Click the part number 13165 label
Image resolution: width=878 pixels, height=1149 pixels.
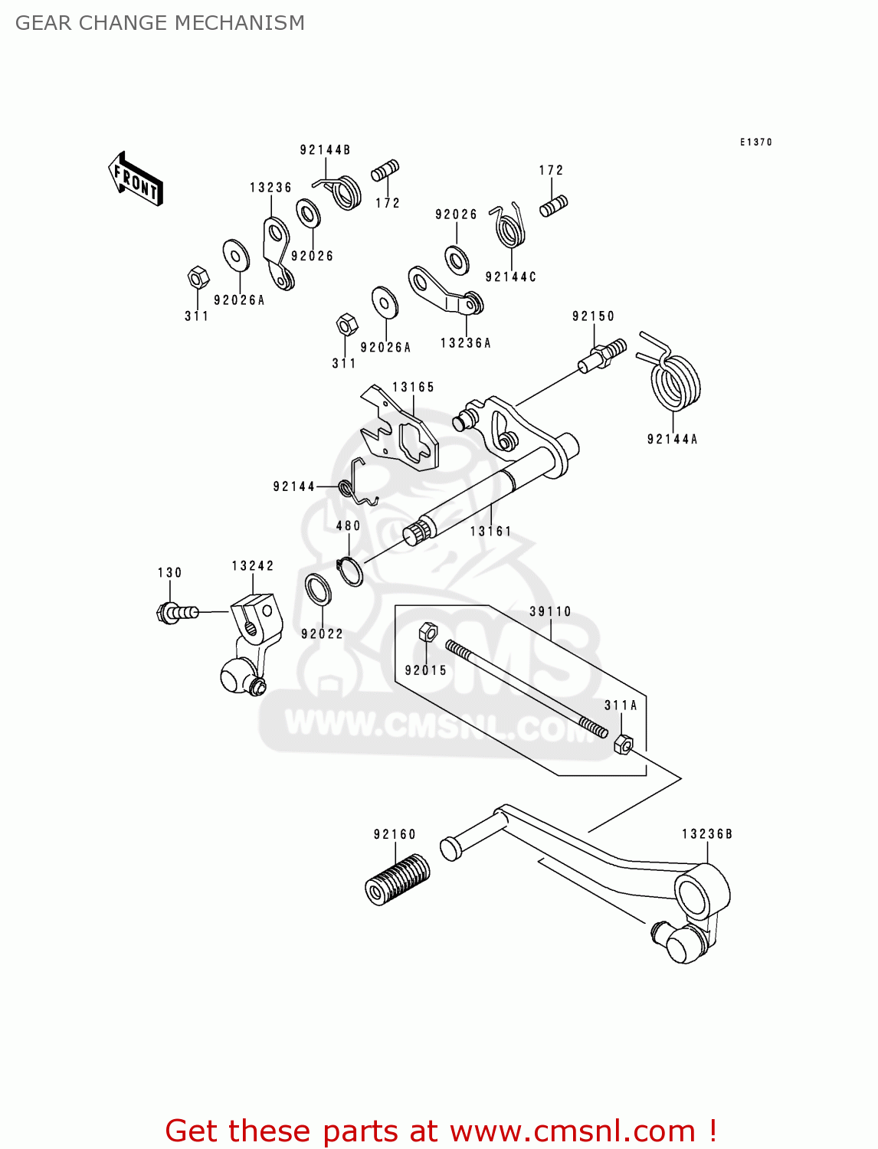click(x=414, y=388)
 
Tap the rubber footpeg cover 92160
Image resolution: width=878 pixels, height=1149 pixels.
click(x=397, y=879)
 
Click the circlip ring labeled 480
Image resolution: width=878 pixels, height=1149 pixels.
click(x=350, y=571)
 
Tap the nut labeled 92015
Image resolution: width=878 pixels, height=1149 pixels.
click(x=428, y=632)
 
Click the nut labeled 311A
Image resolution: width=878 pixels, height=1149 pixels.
click(x=624, y=744)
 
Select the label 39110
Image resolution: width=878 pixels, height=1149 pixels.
click(x=550, y=611)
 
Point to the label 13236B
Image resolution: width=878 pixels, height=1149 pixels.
click(x=707, y=834)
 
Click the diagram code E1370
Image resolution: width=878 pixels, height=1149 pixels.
click(x=755, y=142)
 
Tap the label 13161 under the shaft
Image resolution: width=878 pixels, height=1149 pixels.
click(x=490, y=531)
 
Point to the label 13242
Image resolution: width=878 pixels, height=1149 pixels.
click(x=253, y=566)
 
